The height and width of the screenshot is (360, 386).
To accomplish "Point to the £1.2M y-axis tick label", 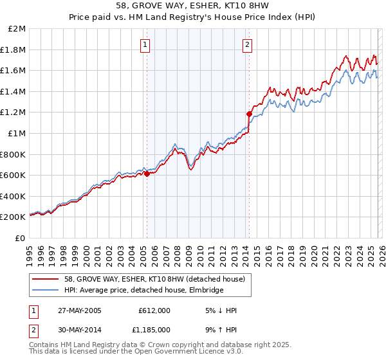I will (14, 113).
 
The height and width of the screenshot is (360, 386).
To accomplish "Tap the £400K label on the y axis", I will (14, 196).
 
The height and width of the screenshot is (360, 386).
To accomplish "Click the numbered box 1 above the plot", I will (146, 45).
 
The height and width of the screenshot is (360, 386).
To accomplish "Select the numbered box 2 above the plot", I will (248, 45).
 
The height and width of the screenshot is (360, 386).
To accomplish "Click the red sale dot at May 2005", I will (147, 174).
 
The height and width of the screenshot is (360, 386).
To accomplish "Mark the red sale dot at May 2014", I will (249, 114).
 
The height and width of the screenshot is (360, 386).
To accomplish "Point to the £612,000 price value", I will (154, 310).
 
